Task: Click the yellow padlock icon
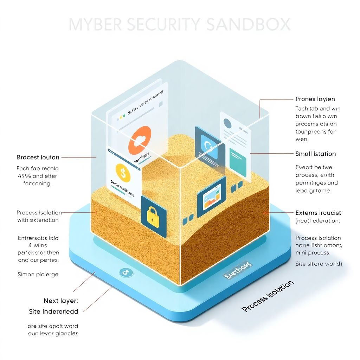(153, 216)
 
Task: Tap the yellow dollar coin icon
(123, 173)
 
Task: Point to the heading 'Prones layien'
(315, 99)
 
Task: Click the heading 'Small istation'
(315, 154)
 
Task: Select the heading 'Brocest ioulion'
(38, 157)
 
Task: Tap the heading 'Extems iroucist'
(318, 213)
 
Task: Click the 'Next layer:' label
(60, 301)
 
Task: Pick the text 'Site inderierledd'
(53, 311)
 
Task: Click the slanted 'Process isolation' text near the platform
(268, 296)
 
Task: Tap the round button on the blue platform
(124, 272)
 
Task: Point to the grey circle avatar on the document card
(228, 123)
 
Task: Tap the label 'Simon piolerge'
(38, 274)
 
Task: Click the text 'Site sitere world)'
(319, 263)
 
